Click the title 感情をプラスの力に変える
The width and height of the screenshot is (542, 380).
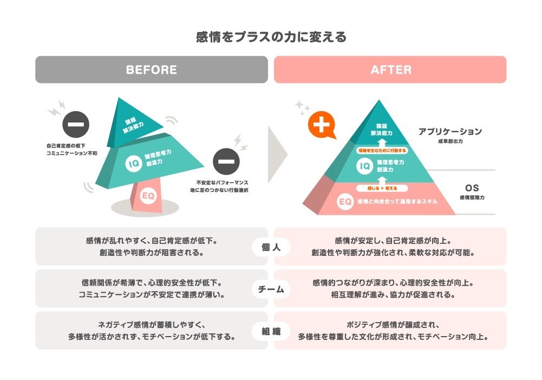[x=271, y=37]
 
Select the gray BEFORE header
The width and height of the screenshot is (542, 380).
[x=152, y=70]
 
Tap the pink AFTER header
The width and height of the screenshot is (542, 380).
[x=390, y=70]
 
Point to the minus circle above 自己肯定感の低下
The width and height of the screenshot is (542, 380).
[x=76, y=125]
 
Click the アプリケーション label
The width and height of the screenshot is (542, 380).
[x=449, y=132]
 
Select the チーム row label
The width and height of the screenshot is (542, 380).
[x=271, y=289]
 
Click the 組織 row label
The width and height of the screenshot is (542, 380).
[x=271, y=331]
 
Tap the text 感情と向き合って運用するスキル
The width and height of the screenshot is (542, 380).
[x=397, y=202]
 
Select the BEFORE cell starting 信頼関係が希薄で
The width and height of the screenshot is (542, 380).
[x=152, y=289]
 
